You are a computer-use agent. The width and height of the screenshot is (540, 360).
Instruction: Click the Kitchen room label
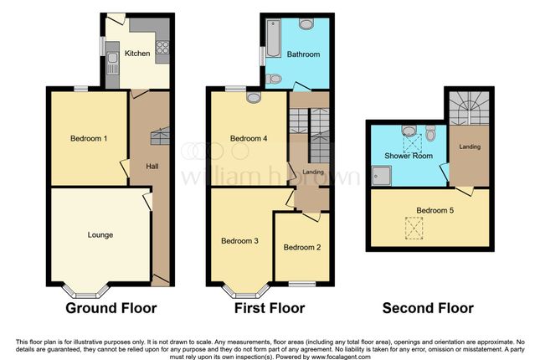pyautogui.click(x=137, y=54)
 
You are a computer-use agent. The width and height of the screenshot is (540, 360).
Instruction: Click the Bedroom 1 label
pyautogui.click(x=82, y=138)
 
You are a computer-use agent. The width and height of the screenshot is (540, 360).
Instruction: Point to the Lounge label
pyautogui.click(x=100, y=234)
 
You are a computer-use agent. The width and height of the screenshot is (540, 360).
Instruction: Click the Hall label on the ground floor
pyautogui.click(x=152, y=166)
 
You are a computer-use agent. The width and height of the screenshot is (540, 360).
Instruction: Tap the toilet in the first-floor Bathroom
pyautogui.click(x=273, y=80)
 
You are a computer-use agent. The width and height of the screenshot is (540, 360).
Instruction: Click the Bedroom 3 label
pyautogui.click(x=239, y=241)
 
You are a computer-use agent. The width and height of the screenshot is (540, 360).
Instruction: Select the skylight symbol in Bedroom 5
pyautogui.click(x=413, y=226)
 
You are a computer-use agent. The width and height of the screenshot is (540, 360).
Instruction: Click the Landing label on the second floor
pyautogui.click(x=469, y=147)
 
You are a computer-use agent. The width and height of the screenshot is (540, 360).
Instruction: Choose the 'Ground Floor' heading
pyautogui.click(x=111, y=308)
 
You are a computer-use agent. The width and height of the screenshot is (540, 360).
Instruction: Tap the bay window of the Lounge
pyautogui.click(x=87, y=292)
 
